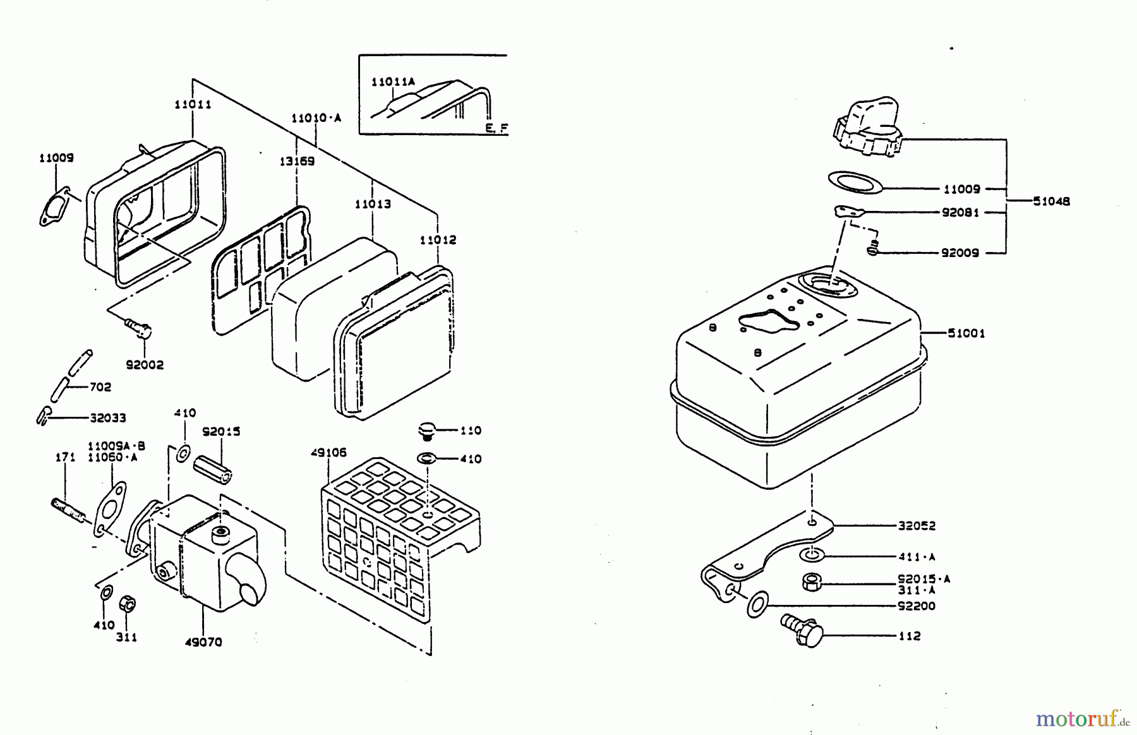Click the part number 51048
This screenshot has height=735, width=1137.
coord(1052,201)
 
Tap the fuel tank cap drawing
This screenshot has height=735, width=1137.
coord(866,129)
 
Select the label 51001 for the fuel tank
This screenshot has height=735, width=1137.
coord(966,333)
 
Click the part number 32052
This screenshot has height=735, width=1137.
coord(917,525)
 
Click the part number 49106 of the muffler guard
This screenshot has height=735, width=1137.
coord(328,453)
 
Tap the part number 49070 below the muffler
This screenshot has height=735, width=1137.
coord(204,642)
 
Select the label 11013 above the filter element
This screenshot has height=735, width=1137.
coord(373,204)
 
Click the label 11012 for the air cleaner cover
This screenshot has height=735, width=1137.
coord(438,240)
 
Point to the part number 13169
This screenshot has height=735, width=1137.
coord(297,161)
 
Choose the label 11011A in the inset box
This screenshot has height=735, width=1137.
coord(393,82)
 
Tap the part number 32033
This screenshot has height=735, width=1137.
coord(107,417)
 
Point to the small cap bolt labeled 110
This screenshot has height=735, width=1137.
coord(428,432)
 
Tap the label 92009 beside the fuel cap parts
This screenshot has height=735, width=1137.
coord(960,253)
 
